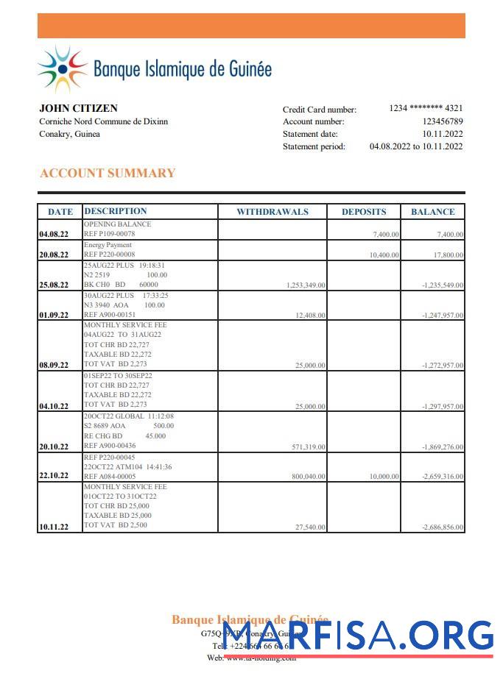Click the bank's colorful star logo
click(x=63, y=70)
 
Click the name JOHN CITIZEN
click(x=78, y=108)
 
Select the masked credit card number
click(x=426, y=108)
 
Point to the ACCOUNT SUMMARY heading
click(x=108, y=174)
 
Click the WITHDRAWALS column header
click(x=272, y=212)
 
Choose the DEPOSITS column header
click(x=364, y=212)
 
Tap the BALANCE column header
click(x=432, y=212)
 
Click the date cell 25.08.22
click(x=54, y=285)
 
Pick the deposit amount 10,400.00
click(x=384, y=255)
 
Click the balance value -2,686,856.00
click(x=442, y=527)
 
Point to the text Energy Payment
click(x=108, y=245)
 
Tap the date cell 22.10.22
click(x=54, y=475)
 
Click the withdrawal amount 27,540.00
click(x=310, y=527)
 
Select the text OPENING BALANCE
click(x=118, y=224)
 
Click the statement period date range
click(x=415, y=146)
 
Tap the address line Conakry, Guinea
click(x=70, y=134)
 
